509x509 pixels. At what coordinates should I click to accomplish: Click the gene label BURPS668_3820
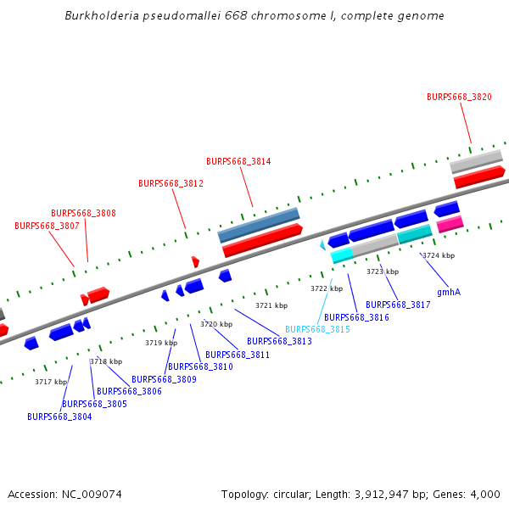(x=459, y=98)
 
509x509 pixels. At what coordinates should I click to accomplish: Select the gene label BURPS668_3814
(x=238, y=161)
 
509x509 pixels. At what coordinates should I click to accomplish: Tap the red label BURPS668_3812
(x=171, y=183)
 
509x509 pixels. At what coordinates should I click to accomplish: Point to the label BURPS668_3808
(x=83, y=214)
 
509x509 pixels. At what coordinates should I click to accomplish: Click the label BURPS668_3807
(x=47, y=227)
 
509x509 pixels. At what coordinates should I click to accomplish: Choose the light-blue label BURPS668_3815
(x=317, y=329)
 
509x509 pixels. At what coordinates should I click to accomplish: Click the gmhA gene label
(x=449, y=292)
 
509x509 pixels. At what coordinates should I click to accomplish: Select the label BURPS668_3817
(x=398, y=305)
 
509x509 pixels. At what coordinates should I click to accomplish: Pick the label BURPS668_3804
(x=59, y=417)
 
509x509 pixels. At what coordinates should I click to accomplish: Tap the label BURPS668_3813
(x=279, y=341)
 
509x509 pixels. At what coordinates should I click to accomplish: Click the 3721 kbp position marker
(x=271, y=305)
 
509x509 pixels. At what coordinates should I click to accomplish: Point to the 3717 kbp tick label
(x=51, y=382)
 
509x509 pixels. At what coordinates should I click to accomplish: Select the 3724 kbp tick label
(x=439, y=255)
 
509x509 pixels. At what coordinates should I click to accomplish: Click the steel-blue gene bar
(x=259, y=225)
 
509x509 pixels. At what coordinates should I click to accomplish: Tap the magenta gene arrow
(x=450, y=224)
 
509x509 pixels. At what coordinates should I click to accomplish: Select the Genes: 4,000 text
(x=471, y=494)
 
